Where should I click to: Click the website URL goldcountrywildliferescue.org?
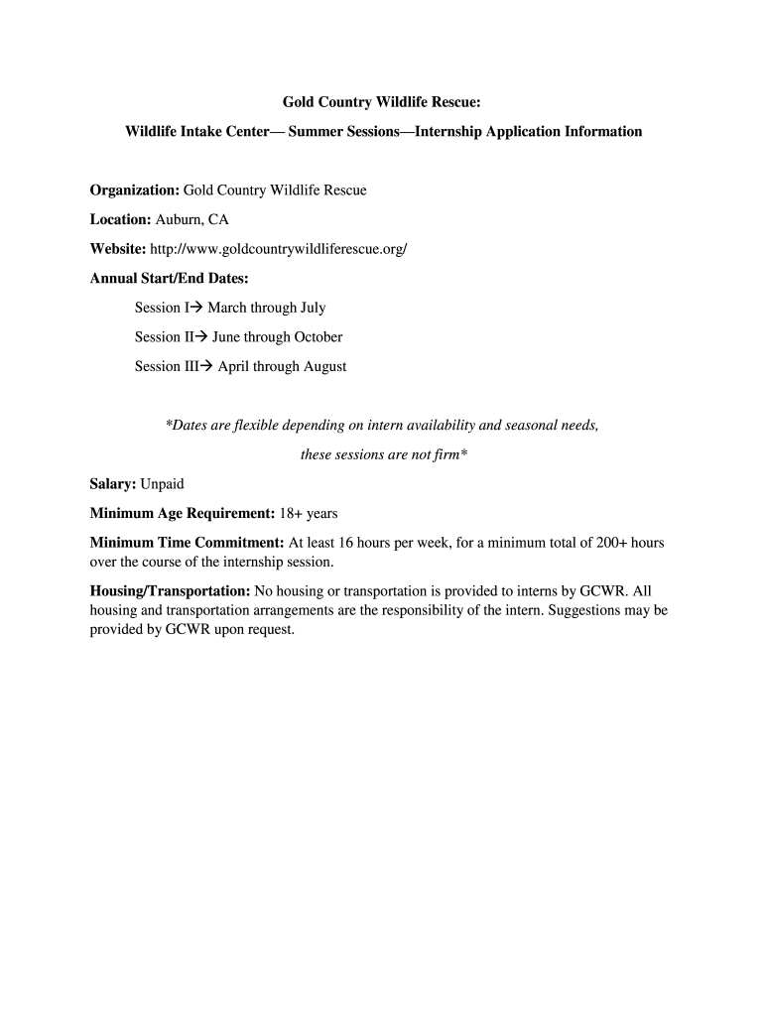coord(279,249)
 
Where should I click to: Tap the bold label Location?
coord(120,219)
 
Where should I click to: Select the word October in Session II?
coord(318,337)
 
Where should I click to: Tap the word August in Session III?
coord(323,367)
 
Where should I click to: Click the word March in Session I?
coord(227,308)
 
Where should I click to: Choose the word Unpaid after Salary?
coord(162,484)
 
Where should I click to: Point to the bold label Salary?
coord(113,484)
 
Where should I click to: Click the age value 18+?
coord(291,514)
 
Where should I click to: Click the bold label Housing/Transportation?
coord(171,590)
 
